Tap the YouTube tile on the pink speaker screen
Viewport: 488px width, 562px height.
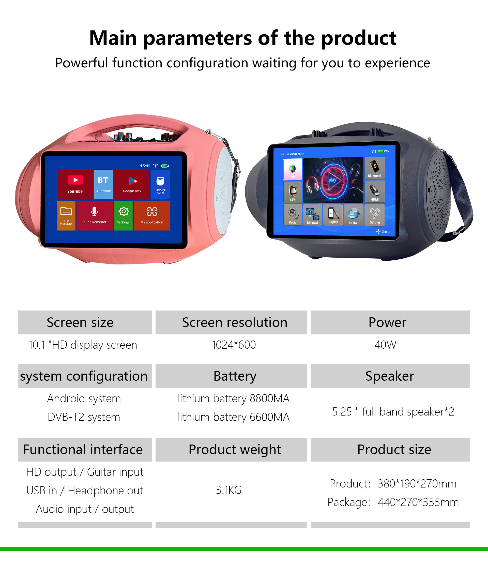75,184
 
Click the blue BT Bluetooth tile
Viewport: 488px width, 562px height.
103,184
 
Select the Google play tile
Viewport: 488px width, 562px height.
132,184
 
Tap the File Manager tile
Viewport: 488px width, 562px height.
66,215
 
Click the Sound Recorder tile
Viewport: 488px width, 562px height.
95,215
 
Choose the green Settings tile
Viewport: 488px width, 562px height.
123,215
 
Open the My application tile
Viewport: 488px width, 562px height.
152,215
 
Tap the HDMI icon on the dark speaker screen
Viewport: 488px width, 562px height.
375,191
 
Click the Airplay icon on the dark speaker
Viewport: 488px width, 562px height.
333,215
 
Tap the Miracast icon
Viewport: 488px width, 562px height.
313,215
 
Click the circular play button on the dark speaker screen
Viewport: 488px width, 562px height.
333,180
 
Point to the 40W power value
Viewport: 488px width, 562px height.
385,345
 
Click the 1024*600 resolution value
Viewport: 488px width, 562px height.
234,345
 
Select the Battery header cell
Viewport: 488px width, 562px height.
231,376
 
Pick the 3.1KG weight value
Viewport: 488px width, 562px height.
229,490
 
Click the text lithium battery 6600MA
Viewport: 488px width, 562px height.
234,417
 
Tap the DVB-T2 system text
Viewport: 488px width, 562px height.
84,417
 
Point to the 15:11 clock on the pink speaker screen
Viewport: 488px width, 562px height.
145,166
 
